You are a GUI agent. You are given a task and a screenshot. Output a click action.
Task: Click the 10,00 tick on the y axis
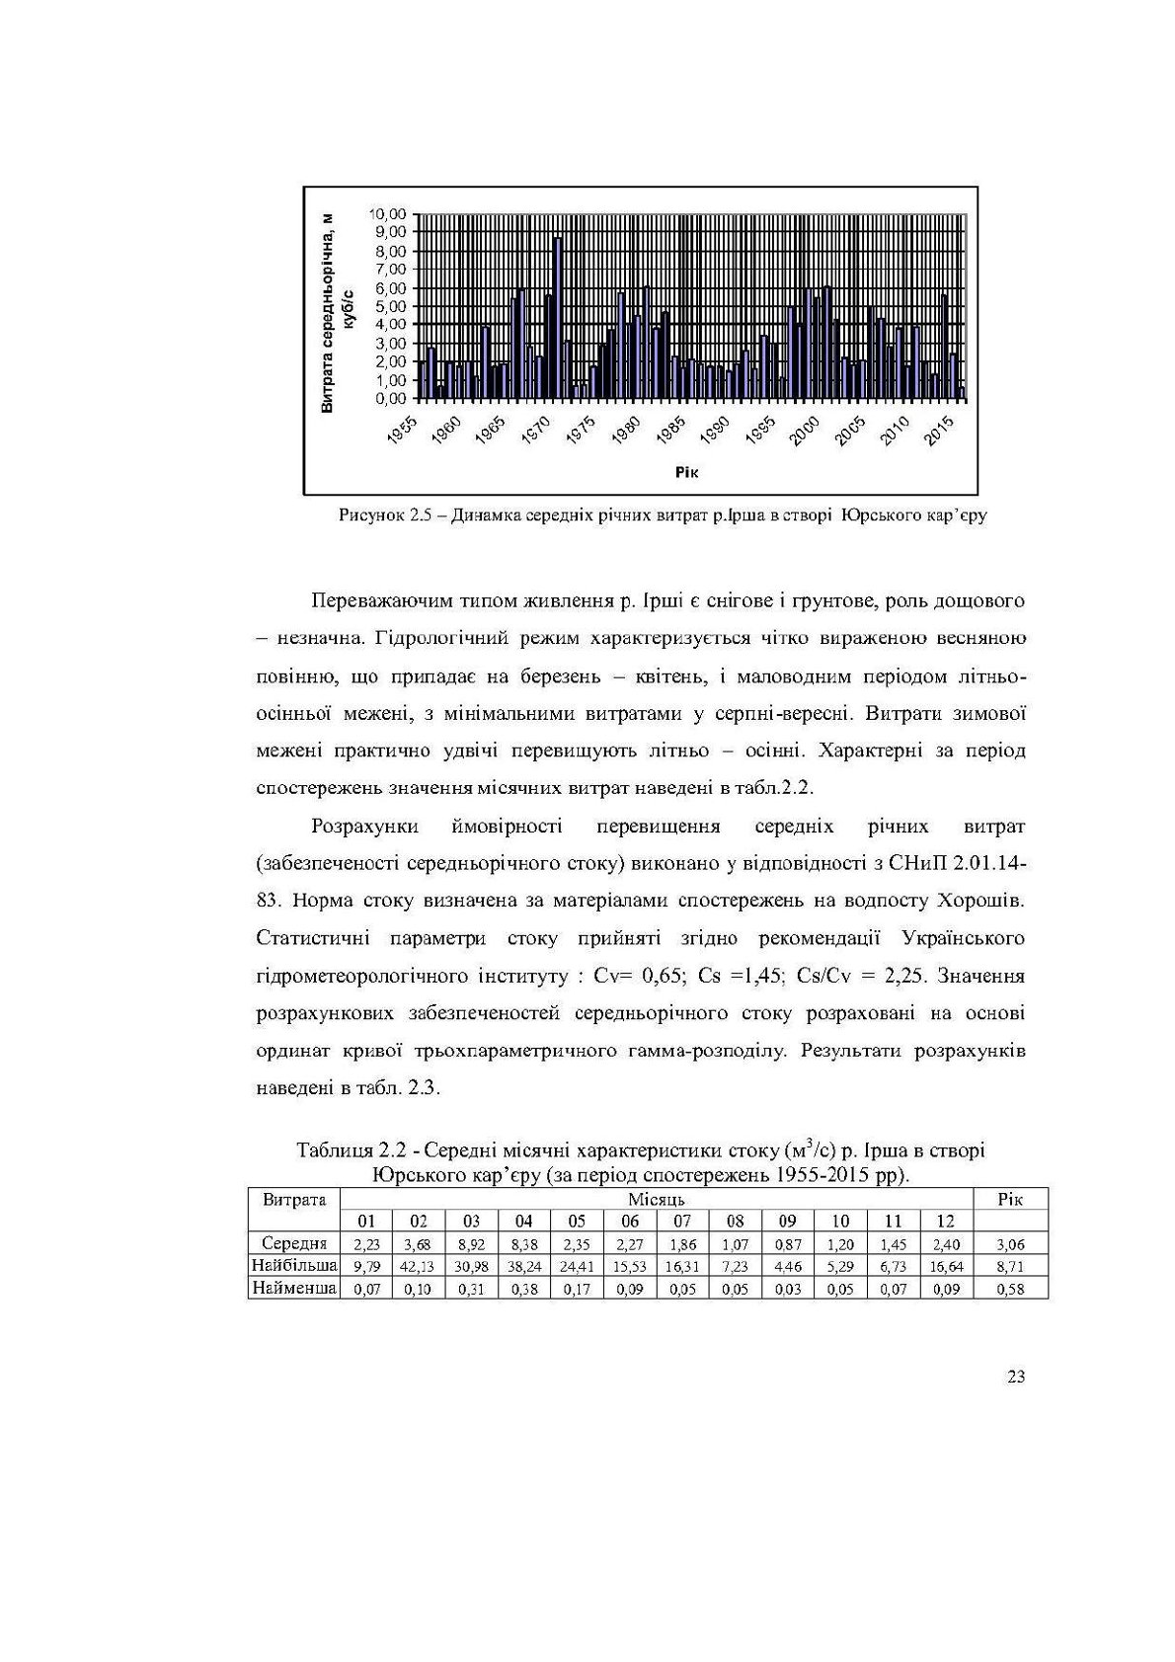tap(386, 213)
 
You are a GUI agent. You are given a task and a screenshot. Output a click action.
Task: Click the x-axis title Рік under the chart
tap(686, 472)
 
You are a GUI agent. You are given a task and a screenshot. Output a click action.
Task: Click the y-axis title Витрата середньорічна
tap(328, 313)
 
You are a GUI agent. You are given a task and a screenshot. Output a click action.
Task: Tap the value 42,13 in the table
tap(418, 1266)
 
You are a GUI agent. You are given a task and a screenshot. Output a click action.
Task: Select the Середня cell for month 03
tap(471, 1244)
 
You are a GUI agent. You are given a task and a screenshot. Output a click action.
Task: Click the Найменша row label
tap(294, 1288)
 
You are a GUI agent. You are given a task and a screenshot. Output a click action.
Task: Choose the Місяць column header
tap(656, 1199)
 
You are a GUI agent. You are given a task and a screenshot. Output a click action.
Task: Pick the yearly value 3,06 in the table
tap(1010, 1244)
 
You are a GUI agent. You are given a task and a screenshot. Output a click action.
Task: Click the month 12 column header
tap(945, 1222)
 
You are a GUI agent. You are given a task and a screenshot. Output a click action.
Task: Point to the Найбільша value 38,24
tap(523, 1266)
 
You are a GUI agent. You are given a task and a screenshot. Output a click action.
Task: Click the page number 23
tap(1016, 1377)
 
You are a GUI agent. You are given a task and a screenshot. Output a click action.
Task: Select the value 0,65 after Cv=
tap(664, 976)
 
